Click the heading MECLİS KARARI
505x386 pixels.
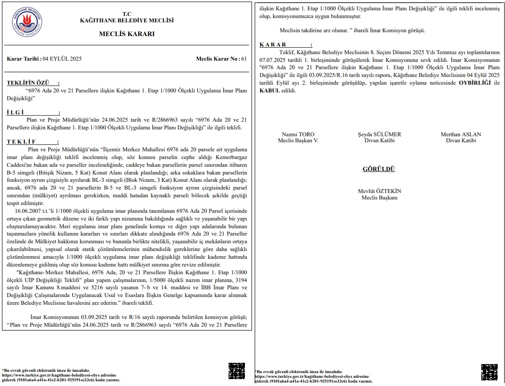click(x=127, y=34)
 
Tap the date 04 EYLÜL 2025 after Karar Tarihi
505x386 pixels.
click(x=62, y=59)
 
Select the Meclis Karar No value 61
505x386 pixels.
click(x=244, y=59)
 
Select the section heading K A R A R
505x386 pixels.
click(x=273, y=45)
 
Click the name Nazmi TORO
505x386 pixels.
click(x=298, y=135)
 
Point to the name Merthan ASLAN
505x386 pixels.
click(x=461, y=135)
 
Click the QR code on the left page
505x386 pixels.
click(x=236, y=371)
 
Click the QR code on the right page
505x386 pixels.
click(x=489, y=372)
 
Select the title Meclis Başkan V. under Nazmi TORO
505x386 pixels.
click(x=298, y=141)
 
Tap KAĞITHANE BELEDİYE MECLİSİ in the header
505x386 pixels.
click(x=127, y=20)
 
